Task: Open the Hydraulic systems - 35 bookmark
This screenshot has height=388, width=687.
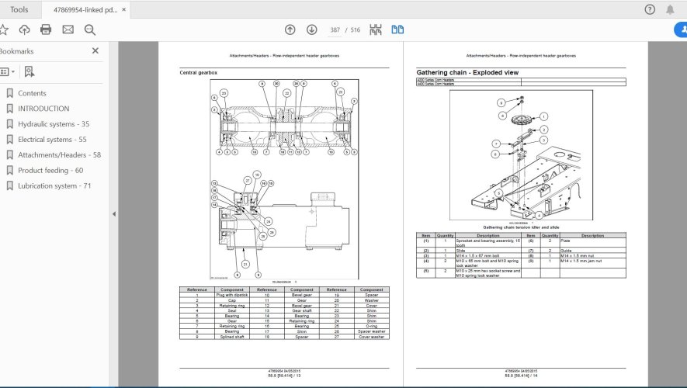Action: coord(53,124)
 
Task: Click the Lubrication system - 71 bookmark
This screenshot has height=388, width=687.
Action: coord(54,186)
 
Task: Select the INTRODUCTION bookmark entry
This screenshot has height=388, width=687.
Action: coord(43,109)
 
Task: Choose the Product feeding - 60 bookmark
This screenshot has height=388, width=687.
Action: coord(50,171)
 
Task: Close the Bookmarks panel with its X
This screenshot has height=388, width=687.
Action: coord(95,51)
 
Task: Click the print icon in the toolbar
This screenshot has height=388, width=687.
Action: coord(46,29)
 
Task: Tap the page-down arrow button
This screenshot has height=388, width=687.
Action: coord(311,29)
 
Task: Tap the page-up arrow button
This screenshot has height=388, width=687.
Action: coord(290,29)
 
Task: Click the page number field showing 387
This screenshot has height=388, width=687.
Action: coord(335,29)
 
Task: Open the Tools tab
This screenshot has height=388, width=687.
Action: coord(19,9)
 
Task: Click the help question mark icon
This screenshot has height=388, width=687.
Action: coord(650,9)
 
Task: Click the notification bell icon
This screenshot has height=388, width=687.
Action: coord(670,9)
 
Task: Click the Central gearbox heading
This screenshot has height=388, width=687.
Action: coord(199,72)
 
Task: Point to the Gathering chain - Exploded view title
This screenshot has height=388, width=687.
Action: coord(467,72)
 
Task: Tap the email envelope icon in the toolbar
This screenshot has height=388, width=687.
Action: coord(68,29)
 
